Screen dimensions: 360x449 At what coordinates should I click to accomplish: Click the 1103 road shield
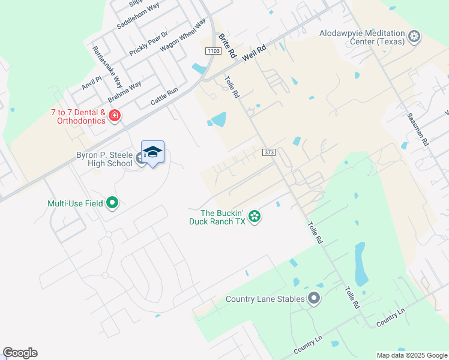212,52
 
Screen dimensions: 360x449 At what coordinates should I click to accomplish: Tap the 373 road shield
268,153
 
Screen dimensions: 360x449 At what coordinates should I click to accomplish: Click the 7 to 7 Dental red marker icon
115,115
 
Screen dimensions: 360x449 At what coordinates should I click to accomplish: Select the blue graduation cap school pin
152,152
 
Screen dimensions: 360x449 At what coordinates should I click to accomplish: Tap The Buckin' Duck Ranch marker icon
255,216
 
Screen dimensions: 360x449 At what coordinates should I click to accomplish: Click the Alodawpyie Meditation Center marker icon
414,37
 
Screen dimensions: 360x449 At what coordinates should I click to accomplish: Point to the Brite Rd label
227,46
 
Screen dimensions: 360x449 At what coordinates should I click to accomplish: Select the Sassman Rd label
418,130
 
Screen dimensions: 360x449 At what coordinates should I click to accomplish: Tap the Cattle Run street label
164,97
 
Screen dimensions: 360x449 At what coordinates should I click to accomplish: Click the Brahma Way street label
125,91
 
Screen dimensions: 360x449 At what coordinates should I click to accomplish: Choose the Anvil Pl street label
92,83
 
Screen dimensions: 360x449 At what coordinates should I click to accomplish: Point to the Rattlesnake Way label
107,65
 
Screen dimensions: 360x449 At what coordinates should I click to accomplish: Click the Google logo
20,353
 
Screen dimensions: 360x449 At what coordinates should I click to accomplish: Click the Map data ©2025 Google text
411,355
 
